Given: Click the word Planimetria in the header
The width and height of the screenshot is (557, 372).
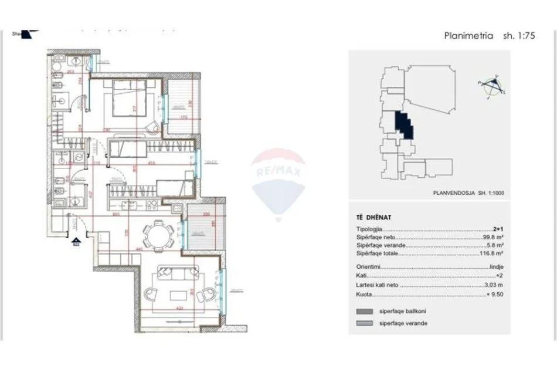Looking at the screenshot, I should point(468,35).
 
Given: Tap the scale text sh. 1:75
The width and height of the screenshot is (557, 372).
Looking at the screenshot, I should point(519,35).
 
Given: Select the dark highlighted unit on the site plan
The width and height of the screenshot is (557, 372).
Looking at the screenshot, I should point(405,125).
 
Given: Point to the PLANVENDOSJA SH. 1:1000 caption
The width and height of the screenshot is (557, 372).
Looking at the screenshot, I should point(468,191).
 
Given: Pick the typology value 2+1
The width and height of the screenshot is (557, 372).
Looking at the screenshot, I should point(498,229).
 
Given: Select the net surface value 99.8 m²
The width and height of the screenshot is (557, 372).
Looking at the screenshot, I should point(496,238).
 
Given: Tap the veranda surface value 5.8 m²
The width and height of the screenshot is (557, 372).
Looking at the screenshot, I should point(498,245).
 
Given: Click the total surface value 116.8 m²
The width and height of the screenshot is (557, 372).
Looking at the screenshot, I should point(495,253).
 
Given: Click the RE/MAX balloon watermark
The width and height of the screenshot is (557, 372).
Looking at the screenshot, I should point(278,176).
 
